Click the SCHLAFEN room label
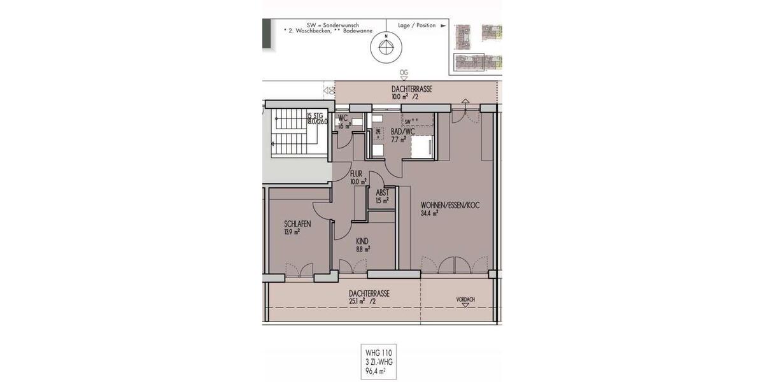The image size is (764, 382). coord(297,224)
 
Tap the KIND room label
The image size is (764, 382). coord(362,241)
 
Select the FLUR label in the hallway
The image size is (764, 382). coord(356,173)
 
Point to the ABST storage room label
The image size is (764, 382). coord(382,192)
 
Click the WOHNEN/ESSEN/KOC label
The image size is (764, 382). coord(449,205)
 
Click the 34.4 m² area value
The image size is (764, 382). coord(429,213)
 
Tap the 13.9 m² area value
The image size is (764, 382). coord(292,232)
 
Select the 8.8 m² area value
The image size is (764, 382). coord(363,249)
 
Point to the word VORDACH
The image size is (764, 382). coord(465,299)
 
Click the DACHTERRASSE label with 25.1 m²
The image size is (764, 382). coord(369,294)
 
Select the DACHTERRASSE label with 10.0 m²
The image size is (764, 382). coord(411,90)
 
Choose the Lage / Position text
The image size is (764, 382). coord(417,25)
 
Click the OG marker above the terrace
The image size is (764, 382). coord(404,73)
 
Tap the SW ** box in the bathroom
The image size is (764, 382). coord(411,120)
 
